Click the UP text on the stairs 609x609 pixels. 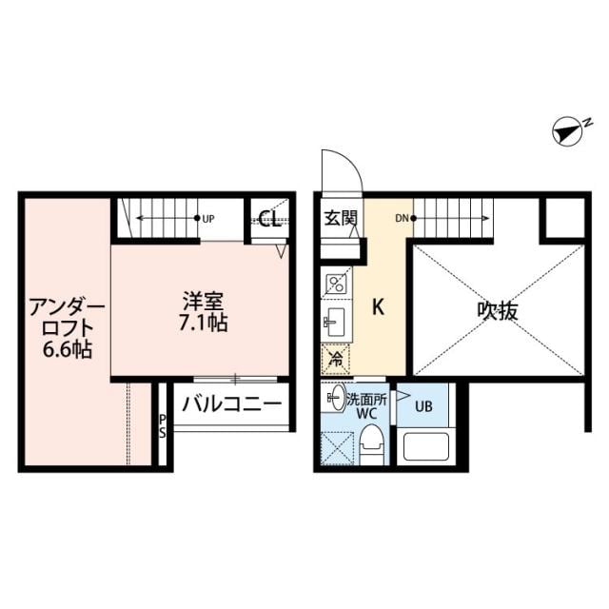pos(208,219)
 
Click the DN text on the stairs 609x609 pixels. pos(401,219)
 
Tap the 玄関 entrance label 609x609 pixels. pos(339,218)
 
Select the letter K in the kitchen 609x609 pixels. pos(378,307)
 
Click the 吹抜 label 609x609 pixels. pos(496,311)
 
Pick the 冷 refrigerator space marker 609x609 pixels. pos(336,359)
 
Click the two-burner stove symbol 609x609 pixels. pos(337,283)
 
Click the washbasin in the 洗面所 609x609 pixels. pos(335,398)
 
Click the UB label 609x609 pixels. pos(423,406)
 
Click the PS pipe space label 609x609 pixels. pos(163,425)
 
